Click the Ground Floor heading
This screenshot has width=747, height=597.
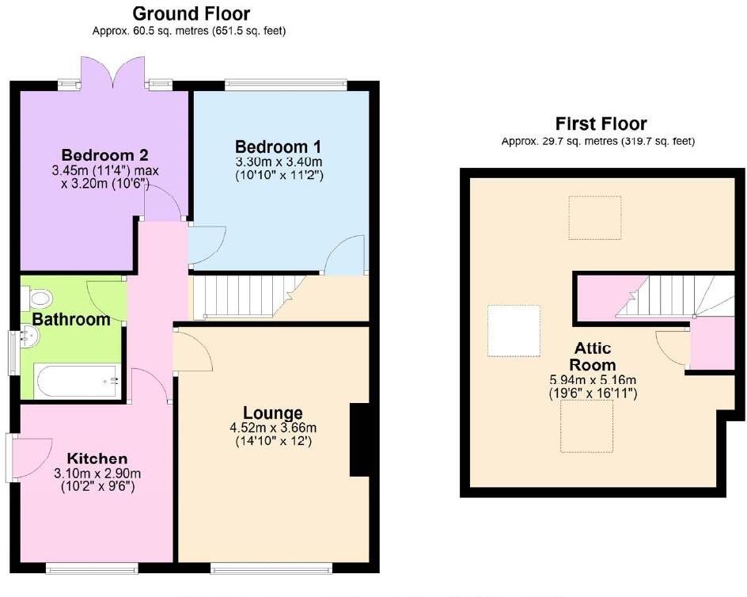pyautogui.click(x=191, y=13)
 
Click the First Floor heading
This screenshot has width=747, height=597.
pyautogui.click(x=601, y=124)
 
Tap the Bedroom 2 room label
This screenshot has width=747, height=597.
pyautogui.click(x=104, y=154)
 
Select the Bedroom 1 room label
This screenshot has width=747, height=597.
pyautogui.click(x=278, y=146)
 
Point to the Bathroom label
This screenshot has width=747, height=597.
pyautogui.click(x=71, y=320)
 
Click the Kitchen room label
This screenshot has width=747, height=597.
pyautogui.click(x=97, y=458)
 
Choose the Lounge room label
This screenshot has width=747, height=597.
pyautogui.click(x=272, y=413)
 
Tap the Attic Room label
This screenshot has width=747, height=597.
pyautogui.click(x=593, y=356)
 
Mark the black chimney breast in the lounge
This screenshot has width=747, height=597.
pyautogui.click(x=358, y=440)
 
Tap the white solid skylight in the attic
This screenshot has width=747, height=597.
pyautogui.click(x=514, y=330)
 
